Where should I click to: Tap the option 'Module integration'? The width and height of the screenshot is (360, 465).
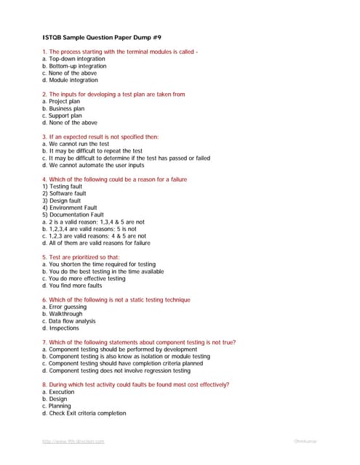click(73, 80)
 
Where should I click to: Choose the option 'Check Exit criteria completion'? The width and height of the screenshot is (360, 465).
click(84, 413)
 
